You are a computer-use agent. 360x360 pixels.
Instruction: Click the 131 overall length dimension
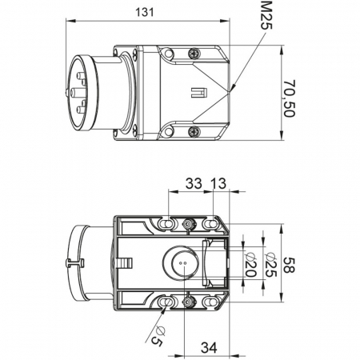point(145,12)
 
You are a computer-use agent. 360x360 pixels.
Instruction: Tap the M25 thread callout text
point(266,15)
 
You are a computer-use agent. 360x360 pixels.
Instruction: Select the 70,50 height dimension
point(289,98)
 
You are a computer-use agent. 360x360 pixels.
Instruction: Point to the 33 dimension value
point(194,183)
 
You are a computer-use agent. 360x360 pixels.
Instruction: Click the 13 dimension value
point(218,183)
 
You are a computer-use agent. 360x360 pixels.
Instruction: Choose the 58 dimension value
point(289,265)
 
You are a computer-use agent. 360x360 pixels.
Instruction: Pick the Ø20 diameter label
point(250,264)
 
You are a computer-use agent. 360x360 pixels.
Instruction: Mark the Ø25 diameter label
point(271,264)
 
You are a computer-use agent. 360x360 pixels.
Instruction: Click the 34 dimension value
point(209,347)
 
